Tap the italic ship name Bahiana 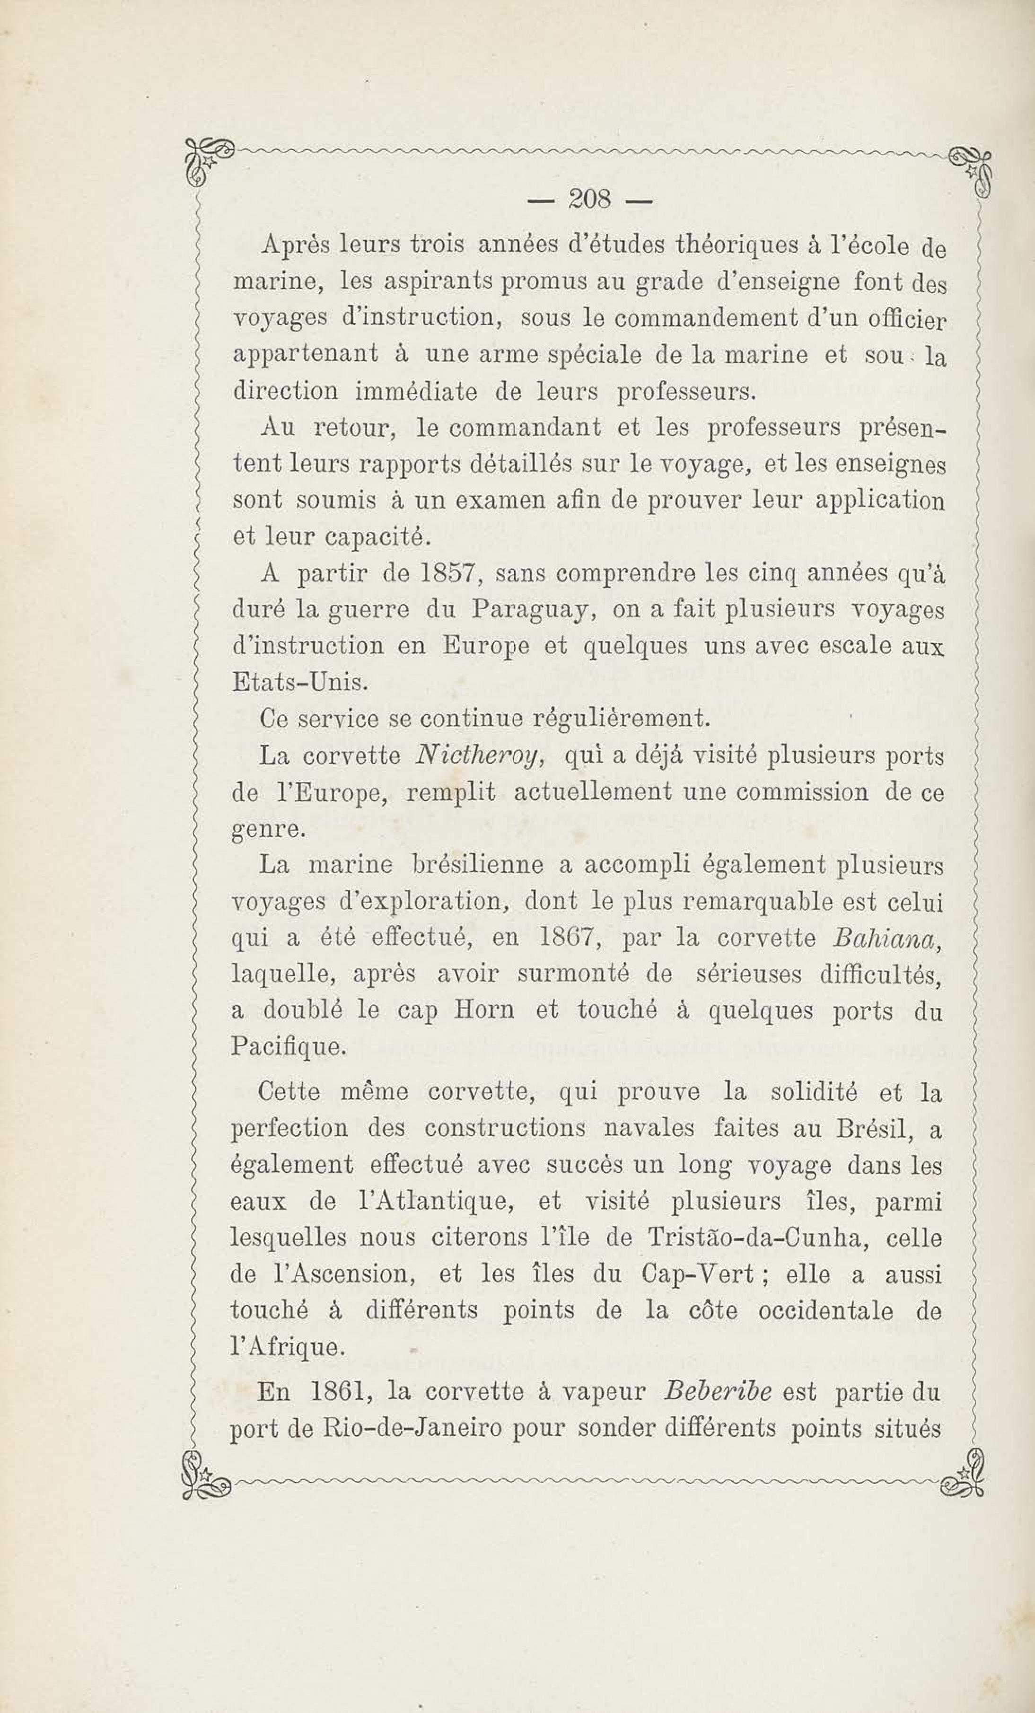pyautogui.click(x=886, y=939)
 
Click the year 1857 pyautogui.click(x=447, y=575)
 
